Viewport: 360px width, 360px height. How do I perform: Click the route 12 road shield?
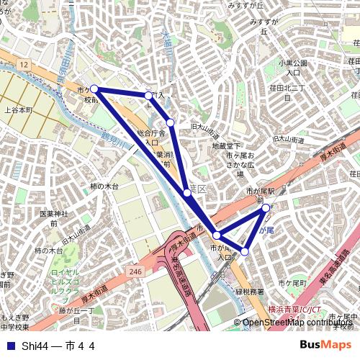(x=24, y=66)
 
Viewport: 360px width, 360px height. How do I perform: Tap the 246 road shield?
(x=137, y=271)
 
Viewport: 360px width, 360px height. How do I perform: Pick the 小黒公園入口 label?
(x=293, y=68)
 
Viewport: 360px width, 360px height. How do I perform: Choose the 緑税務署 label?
(x=250, y=292)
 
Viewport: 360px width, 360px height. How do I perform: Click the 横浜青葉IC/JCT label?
(x=294, y=309)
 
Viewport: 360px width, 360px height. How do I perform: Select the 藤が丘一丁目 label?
(x=76, y=315)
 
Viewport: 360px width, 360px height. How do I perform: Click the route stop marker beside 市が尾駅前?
(x=266, y=208)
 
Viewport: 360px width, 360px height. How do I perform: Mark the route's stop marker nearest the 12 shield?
(x=94, y=89)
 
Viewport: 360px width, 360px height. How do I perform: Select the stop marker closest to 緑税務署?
(x=245, y=251)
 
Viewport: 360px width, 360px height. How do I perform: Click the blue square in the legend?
(x=10, y=346)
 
